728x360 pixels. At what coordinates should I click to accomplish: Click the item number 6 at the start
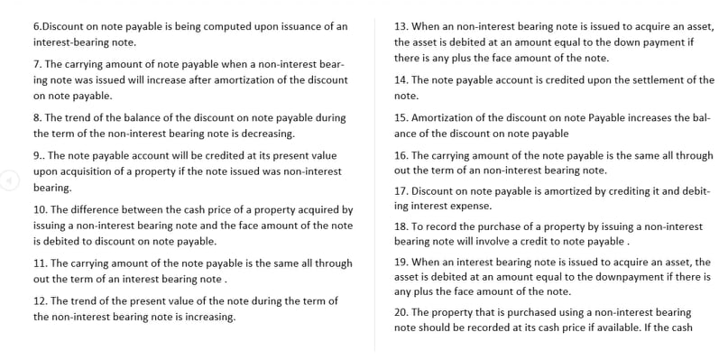pos(36,26)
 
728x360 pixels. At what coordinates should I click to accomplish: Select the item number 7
pos(37,64)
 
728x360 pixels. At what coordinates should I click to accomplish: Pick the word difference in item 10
pos(101,209)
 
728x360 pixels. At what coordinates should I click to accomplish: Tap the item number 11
pos(41,263)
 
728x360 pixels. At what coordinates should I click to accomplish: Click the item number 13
pos(402,26)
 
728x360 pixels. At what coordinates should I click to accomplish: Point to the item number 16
pos(402,155)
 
